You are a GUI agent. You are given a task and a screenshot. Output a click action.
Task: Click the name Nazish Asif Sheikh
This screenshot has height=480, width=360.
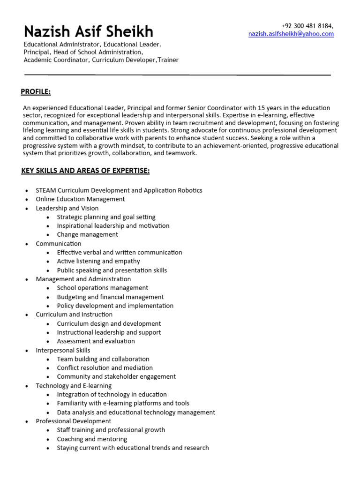[x=89, y=31]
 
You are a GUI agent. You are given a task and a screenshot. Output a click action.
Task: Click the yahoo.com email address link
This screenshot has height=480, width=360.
[x=291, y=34]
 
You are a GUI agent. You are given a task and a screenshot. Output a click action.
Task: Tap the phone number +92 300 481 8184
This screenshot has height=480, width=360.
[x=307, y=26]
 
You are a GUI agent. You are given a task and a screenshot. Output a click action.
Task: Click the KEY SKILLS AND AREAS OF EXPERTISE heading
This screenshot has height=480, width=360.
[x=85, y=171]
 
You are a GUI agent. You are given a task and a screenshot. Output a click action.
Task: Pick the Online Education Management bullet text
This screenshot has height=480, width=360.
[x=80, y=199]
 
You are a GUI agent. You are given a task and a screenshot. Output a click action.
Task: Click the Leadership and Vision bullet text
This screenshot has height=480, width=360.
[x=67, y=208]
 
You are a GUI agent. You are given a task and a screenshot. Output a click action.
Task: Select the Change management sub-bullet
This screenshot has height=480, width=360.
[x=88, y=234]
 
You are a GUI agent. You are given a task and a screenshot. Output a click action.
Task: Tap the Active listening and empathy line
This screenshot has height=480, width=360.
[x=98, y=261]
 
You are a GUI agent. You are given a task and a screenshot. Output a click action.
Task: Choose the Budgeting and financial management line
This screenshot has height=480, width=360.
[x=110, y=297]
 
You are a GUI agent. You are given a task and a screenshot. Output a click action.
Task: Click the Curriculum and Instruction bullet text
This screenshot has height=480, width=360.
[x=74, y=315]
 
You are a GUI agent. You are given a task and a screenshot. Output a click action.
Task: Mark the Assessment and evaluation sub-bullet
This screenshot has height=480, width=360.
[x=96, y=341]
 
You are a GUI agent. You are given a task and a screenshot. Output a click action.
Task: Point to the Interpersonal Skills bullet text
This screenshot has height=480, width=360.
[x=63, y=350]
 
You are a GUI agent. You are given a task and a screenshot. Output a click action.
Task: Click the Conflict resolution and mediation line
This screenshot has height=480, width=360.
[x=105, y=368]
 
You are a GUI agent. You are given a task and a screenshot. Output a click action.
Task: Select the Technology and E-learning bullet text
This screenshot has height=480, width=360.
[x=74, y=386]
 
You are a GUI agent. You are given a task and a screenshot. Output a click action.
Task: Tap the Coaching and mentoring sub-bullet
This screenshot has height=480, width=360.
[x=92, y=439]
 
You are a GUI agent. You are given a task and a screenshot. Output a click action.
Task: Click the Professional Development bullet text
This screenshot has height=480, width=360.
[x=74, y=421]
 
